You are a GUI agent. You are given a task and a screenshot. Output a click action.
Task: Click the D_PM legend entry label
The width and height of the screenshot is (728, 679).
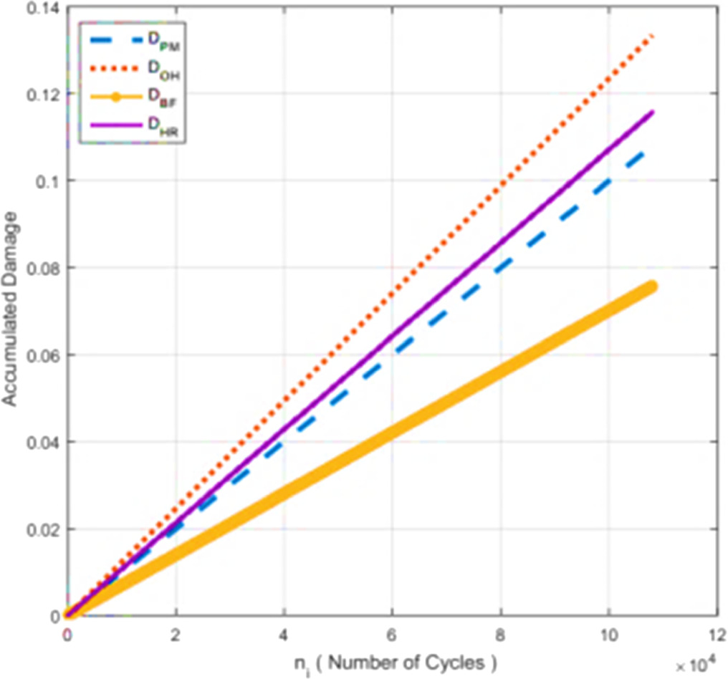(164, 42)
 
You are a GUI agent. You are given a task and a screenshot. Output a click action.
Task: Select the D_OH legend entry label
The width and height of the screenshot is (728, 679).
(164, 70)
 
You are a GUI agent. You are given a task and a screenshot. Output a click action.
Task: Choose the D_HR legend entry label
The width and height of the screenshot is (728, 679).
(163, 126)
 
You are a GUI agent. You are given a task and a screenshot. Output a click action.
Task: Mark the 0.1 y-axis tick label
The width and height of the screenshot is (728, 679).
(48, 182)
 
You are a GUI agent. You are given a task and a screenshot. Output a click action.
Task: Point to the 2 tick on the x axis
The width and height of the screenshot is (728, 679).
(175, 635)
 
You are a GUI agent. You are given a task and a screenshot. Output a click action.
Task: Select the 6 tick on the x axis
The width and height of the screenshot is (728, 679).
(391, 635)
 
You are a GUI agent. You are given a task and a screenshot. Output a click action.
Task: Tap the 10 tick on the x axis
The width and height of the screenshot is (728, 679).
(608, 635)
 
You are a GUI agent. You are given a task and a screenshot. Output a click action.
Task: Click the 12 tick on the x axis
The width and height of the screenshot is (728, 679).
(717, 635)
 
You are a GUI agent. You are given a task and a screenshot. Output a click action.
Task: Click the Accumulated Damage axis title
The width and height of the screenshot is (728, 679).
(9, 309)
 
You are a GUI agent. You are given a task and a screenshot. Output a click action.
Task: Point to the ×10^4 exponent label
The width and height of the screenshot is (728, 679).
(696, 664)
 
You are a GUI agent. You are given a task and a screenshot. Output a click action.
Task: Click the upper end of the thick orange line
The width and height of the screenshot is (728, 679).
(652, 286)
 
